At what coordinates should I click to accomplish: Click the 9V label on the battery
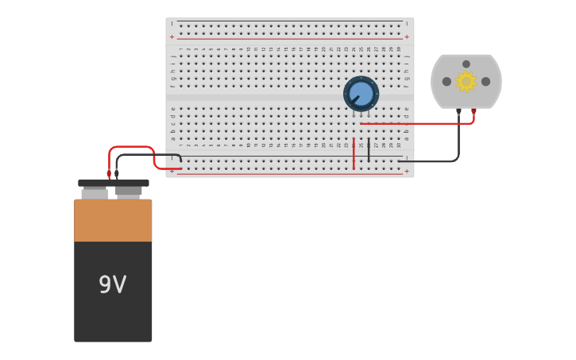112,285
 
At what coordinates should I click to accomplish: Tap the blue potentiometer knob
361,93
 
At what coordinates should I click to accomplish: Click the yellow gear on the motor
466,81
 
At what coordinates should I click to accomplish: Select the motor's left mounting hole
446,81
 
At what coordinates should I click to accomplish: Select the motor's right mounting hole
485,81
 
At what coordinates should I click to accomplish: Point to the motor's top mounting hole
466,64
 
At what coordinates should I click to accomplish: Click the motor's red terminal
474,112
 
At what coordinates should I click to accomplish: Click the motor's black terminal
458,112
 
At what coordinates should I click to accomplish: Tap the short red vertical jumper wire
354,153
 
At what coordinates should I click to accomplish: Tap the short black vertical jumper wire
369,149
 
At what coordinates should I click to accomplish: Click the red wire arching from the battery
131,147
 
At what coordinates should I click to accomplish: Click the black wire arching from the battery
147,155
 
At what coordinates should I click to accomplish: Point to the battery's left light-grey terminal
95,193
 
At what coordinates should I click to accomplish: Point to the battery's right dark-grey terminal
129,192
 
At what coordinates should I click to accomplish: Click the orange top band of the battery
113,220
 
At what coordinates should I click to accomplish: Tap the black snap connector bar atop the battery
113,183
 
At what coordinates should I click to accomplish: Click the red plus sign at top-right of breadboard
407,37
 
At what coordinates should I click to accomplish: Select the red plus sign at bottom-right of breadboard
407,171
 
